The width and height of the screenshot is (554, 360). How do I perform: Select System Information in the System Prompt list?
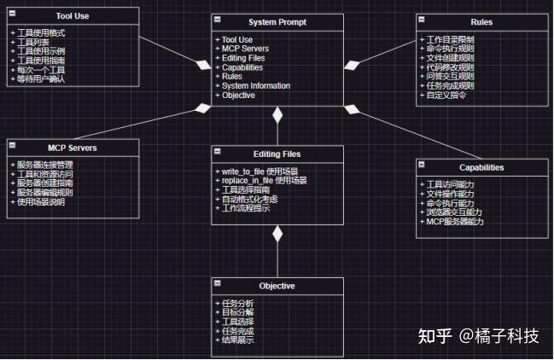click(x=255, y=86)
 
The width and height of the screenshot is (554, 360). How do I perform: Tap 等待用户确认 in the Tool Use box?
click(x=42, y=78)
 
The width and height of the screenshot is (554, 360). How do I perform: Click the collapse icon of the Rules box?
click(x=422, y=19)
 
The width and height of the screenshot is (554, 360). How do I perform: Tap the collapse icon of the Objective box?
click(x=218, y=282)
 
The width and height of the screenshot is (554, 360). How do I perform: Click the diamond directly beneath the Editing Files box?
click(x=277, y=234)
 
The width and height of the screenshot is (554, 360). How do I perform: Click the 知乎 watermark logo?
click(x=434, y=336)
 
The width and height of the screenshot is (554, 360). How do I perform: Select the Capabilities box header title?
click(x=481, y=168)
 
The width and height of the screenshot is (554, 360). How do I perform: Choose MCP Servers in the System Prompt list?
click(x=244, y=49)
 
